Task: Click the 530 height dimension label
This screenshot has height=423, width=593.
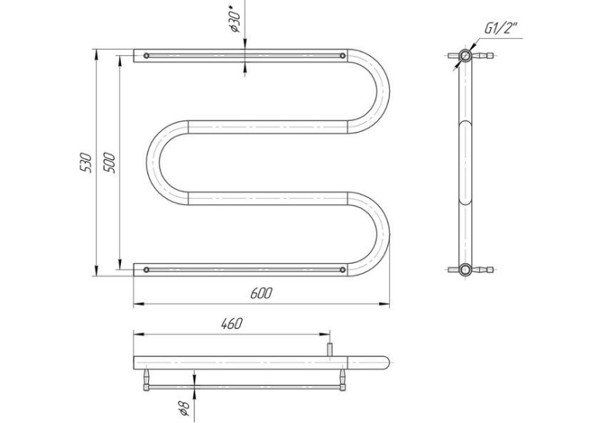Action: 86,163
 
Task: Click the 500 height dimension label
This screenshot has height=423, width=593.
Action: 109,163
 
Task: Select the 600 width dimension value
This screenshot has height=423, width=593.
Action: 261,293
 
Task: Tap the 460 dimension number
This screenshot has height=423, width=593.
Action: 231,324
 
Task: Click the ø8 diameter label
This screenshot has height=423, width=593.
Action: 184,407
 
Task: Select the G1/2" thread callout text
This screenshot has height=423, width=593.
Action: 501,28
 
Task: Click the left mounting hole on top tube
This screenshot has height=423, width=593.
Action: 147,56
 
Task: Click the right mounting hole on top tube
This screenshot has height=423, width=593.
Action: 343,56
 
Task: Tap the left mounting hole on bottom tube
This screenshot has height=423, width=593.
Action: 147,269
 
